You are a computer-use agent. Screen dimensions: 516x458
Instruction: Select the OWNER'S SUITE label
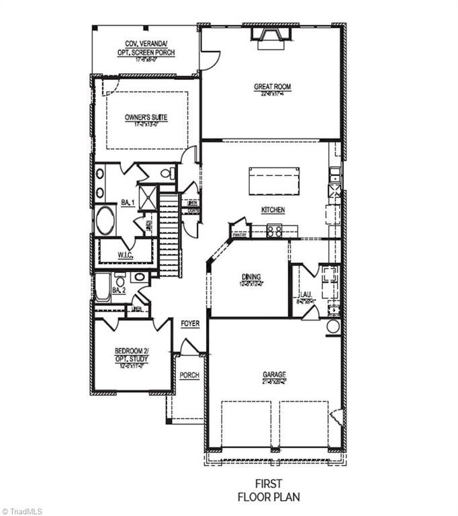coord(146,117)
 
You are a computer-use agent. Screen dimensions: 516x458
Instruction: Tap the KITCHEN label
coord(273,210)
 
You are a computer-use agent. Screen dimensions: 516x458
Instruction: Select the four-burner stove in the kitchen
coord(274,231)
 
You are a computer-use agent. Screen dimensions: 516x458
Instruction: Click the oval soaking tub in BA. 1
coord(105,220)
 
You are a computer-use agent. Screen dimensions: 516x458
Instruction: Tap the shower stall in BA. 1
coord(149,197)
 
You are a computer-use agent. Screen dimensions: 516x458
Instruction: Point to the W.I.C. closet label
coord(125,256)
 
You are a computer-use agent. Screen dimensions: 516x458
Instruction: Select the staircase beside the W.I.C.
coord(170,235)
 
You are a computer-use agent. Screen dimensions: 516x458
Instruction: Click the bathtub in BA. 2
coord(103,287)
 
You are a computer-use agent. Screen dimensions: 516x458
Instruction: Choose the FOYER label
coord(190,324)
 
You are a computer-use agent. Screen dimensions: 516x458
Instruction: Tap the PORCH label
coord(189,375)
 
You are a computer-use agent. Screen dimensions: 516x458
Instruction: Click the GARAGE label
coord(274,374)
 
